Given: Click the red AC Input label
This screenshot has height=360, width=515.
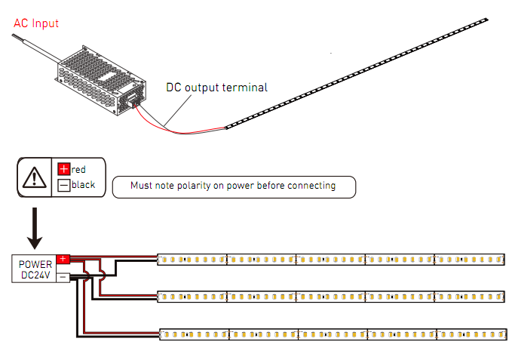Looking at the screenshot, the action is click(36, 23).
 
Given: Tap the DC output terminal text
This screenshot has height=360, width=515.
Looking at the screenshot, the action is click(216, 88).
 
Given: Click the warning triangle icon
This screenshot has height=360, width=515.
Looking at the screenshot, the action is click(35, 177).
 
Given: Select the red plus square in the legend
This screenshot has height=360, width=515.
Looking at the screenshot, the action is click(64, 169).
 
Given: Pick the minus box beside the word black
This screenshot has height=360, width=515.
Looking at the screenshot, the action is click(64, 185).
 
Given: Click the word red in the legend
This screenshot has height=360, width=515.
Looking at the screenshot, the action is click(78, 170).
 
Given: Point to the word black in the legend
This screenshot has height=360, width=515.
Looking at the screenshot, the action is click(84, 184).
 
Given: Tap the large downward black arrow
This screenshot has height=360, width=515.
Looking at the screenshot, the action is click(35, 228).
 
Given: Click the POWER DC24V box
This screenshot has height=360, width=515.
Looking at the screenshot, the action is click(34, 269).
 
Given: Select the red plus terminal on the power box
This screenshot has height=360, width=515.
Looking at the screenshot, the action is click(63, 259).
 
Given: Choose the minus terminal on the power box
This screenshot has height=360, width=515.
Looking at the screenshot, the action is click(63, 278).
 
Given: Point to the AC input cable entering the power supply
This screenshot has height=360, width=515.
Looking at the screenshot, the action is click(36, 48).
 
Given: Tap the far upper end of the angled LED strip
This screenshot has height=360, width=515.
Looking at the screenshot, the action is click(487, 20).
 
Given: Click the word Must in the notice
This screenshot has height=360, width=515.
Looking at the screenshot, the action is click(141, 186).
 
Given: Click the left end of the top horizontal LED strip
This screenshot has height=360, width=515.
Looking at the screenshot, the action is click(158, 260).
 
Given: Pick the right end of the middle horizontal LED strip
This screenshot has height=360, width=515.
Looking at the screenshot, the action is click(504, 297).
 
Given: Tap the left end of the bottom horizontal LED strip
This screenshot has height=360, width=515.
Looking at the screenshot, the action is click(161, 334).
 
